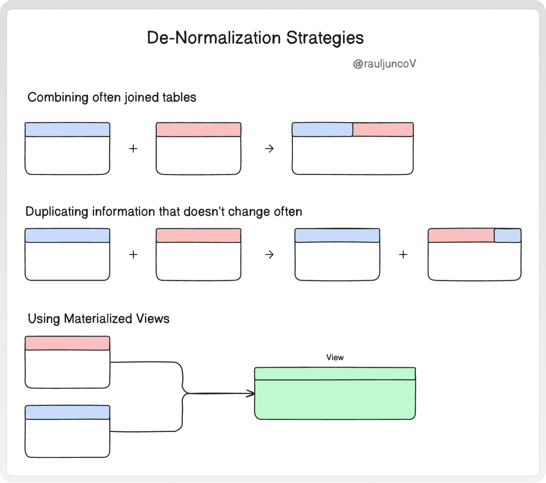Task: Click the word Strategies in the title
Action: click(x=325, y=38)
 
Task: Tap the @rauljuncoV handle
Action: click(x=385, y=64)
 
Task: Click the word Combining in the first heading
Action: click(x=58, y=97)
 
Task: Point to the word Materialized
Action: click(x=98, y=318)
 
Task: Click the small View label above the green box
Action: click(x=335, y=357)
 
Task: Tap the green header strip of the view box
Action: click(x=335, y=373)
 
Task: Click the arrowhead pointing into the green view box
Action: click(x=251, y=394)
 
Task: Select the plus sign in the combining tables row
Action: click(x=133, y=149)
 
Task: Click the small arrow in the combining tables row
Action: click(x=269, y=149)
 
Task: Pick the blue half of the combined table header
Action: click(x=322, y=129)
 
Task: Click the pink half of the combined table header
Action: click(x=383, y=129)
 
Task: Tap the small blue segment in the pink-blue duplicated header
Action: click(x=507, y=235)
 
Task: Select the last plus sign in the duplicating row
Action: click(x=403, y=255)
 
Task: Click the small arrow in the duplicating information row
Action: click(x=269, y=255)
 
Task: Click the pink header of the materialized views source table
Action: click(x=67, y=343)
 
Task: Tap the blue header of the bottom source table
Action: click(x=67, y=412)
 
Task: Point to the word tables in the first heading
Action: click(x=179, y=97)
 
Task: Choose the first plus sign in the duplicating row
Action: click(x=133, y=255)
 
